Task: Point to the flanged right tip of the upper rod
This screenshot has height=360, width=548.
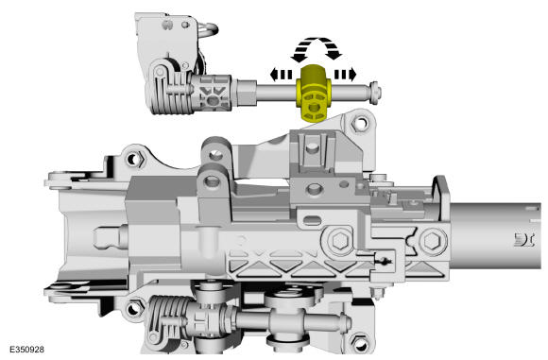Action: (x=375, y=93)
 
